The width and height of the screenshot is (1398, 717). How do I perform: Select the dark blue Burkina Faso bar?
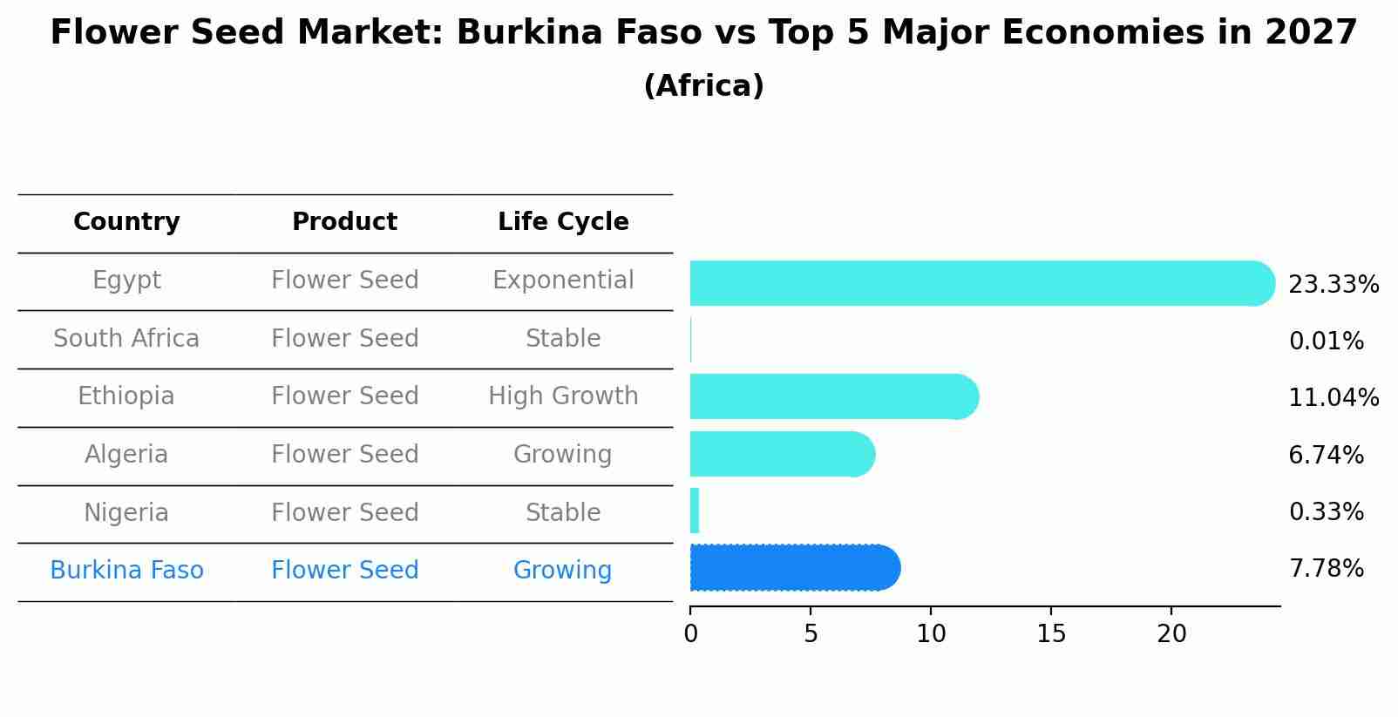793,568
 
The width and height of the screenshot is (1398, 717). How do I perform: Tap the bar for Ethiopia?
832,396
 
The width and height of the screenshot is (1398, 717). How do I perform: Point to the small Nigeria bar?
695,511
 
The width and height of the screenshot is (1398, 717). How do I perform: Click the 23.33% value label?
1333,285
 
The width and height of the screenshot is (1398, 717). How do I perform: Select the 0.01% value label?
1326,342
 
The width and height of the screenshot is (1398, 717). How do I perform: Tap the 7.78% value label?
1326,569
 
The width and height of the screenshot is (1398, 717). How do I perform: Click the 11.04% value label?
1333,398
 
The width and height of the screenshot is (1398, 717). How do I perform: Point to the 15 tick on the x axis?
1051,633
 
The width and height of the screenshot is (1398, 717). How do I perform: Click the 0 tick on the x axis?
691,633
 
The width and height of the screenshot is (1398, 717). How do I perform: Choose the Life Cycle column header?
563,222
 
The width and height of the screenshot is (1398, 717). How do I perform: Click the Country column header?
126,222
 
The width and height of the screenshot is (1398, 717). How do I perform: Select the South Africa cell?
126,338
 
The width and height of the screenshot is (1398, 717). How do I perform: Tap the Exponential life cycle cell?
563,281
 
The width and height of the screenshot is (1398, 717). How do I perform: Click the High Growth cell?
563,396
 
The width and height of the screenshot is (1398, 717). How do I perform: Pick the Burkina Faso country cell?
126,571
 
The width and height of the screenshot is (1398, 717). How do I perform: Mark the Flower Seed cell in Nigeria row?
344,512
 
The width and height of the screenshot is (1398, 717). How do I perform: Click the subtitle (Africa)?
703,86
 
